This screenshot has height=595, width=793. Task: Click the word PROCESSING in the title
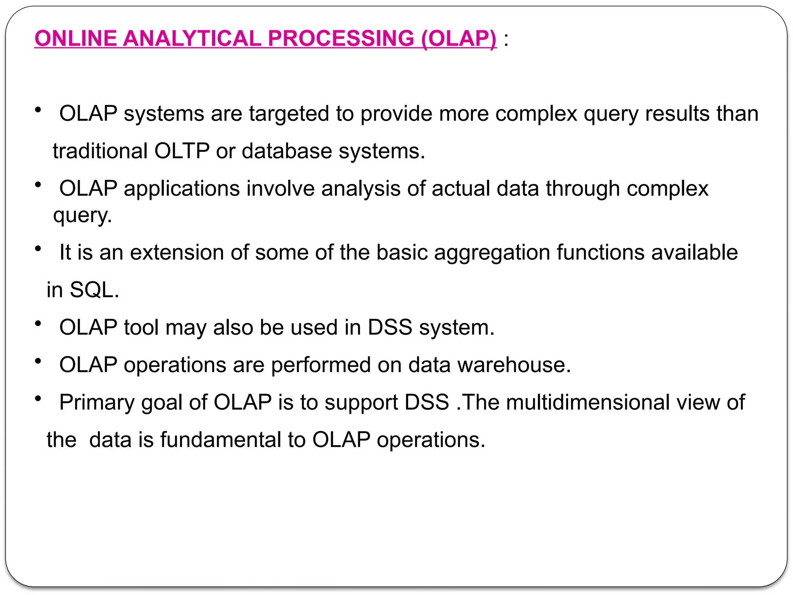(x=341, y=38)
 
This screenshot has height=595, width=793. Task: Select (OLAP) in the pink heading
(x=458, y=38)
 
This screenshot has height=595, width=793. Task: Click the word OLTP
(x=182, y=151)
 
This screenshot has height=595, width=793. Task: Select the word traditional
(x=100, y=151)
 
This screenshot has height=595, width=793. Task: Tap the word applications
(x=182, y=189)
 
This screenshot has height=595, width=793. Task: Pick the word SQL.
(x=94, y=290)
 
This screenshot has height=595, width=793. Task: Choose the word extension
(x=177, y=253)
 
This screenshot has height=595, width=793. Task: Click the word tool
(x=141, y=327)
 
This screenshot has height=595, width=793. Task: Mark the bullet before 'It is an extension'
(x=38, y=249)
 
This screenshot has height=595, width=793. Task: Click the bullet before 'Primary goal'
(x=38, y=398)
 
